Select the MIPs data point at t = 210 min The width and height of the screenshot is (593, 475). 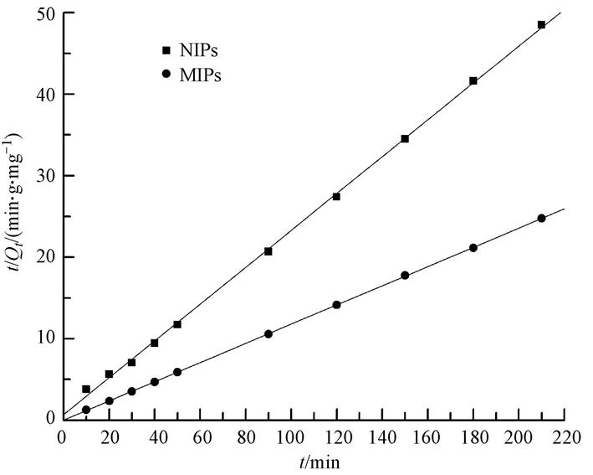[x=541, y=218]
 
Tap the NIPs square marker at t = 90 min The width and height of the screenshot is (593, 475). [x=268, y=251]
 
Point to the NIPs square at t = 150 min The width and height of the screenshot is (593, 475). [x=405, y=138]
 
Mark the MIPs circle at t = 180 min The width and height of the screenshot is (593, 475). [x=473, y=247]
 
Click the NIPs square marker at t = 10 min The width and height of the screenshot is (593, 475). [x=86, y=390]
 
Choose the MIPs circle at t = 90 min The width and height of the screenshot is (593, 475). [x=268, y=333]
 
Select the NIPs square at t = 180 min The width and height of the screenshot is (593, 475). [x=473, y=81]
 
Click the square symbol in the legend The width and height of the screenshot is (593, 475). [x=166, y=52]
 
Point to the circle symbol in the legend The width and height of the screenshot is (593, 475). [x=166, y=74]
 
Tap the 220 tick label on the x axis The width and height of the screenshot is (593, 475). [x=565, y=437]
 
